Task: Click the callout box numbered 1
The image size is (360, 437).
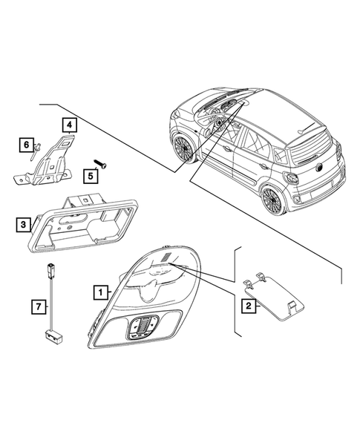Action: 99,293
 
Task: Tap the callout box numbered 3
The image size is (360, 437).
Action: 25,223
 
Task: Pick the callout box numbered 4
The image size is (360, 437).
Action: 68,125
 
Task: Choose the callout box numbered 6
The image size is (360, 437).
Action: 26,143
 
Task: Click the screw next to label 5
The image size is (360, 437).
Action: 100,164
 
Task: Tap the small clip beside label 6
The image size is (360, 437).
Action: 33,154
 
